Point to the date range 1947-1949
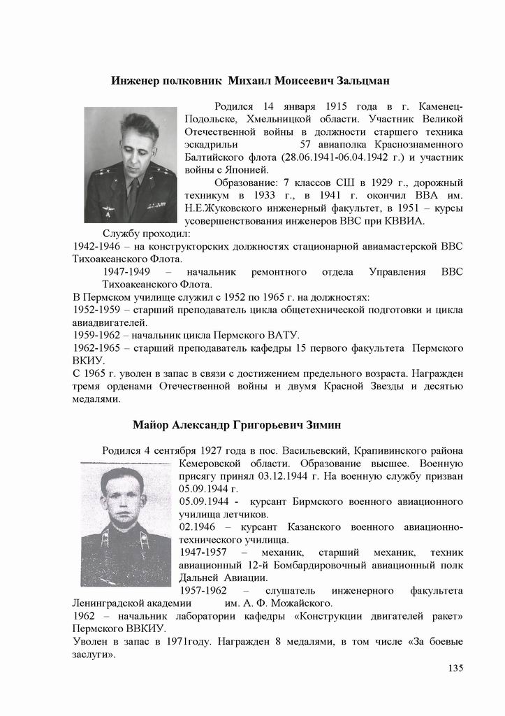(x=126, y=271)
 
